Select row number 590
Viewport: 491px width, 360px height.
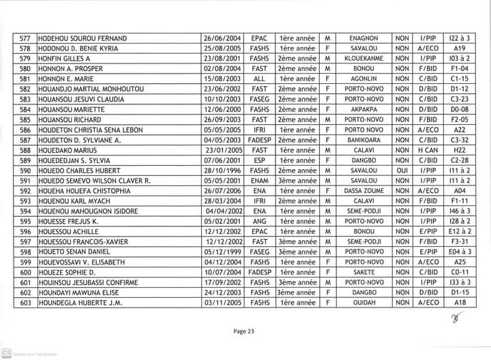(26, 170)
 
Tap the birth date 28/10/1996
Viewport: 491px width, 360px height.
(221, 170)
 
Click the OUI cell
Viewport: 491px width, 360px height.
(402, 170)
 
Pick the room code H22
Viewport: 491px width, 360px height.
(460, 150)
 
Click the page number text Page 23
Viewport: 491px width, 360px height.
(243, 331)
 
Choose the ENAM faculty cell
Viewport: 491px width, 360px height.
(259, 181)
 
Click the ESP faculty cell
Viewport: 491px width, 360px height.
(259, 160)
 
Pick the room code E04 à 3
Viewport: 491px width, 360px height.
(460, 252)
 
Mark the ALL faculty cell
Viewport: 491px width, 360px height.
(259, 79)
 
